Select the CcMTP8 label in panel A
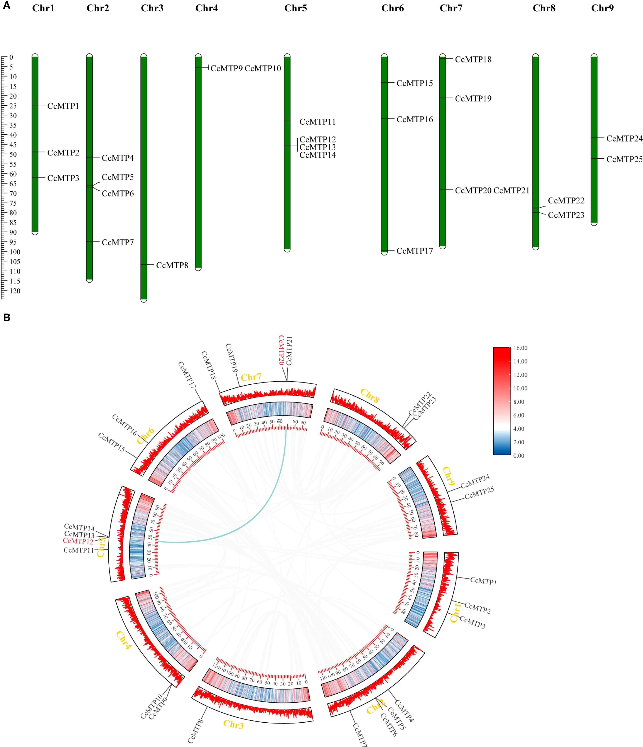(172, 265)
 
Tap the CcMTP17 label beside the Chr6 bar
(415, 251)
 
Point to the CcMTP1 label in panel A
(63, 106)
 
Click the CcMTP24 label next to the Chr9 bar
(624, 139)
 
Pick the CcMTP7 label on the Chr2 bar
(118, 242)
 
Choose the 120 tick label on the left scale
(15, 291)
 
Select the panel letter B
(7, 318)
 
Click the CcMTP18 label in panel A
(473, 59)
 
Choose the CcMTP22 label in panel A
(566, 200)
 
